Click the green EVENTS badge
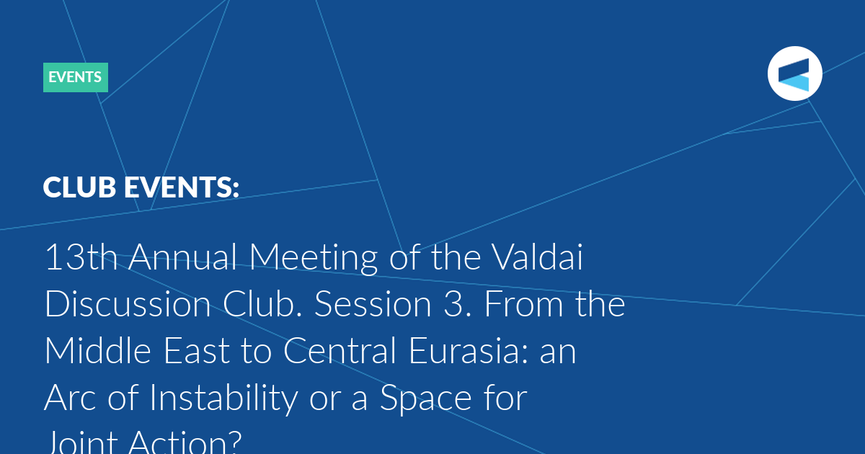coord(76,77)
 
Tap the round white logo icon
coord(794,74)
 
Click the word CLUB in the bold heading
coord(79,187)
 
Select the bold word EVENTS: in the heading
coord(182,187)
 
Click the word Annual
coord(182,257)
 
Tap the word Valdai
coord(537,257)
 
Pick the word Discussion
coord(128,304)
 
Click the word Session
coord(373,304)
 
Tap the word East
coord(197,350)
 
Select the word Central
coord(340,350)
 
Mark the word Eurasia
coord(463,350)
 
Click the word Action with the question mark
coord(185,442)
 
